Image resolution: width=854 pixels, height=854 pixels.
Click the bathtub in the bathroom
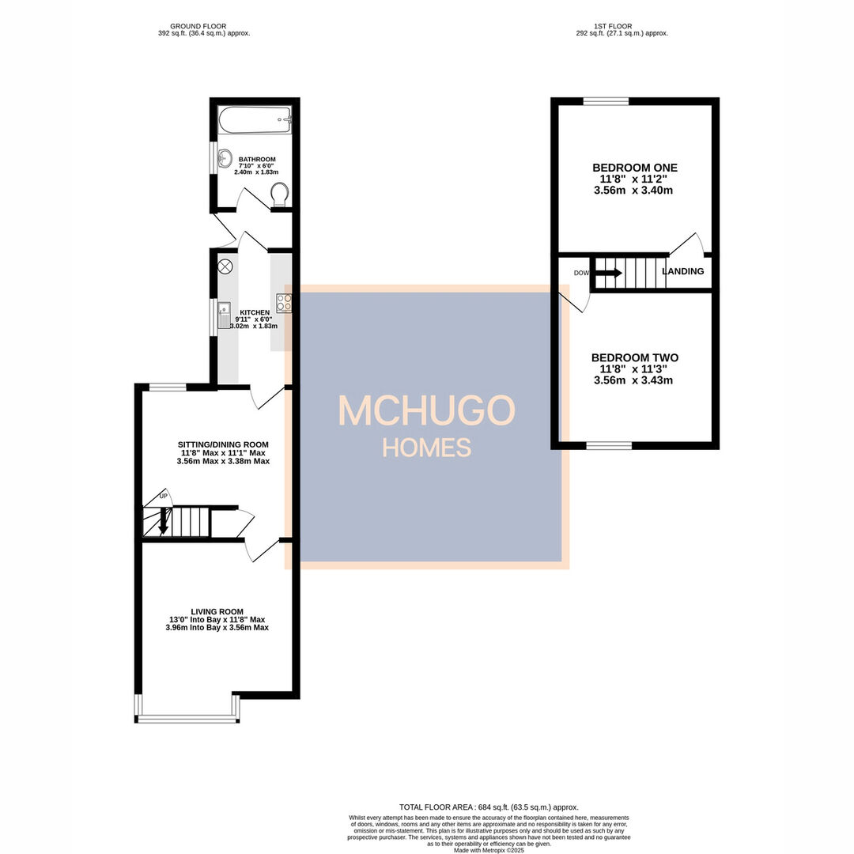point(255,120)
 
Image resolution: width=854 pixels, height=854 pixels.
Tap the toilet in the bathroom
point(279,194)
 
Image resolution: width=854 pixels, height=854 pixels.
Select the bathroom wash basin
point(225,156)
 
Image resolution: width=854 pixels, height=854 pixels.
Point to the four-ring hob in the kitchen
point(283,302)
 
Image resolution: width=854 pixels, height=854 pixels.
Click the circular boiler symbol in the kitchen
point(225,266)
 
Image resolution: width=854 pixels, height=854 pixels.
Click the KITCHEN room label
point(255,313)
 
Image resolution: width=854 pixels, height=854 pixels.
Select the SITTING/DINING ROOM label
point(223,444)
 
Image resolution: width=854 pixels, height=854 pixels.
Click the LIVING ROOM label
point(217,611)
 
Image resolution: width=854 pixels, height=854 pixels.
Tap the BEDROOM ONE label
point(635,168)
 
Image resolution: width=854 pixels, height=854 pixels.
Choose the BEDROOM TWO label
point(634,357)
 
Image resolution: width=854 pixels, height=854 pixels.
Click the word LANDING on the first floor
point(682,271)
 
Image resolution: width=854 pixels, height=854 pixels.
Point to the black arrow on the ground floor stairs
point(164,523)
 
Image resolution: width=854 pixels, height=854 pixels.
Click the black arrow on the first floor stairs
point(608,273)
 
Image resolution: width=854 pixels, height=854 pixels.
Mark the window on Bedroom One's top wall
point(606,101)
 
